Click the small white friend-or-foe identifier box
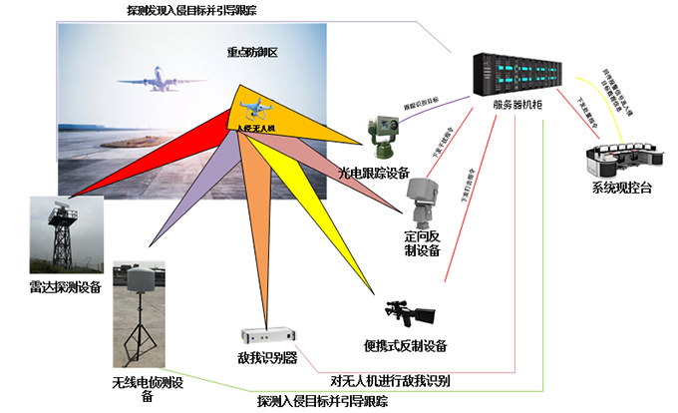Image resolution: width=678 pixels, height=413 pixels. [x=269, y=335]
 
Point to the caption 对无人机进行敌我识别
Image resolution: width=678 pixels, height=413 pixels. [x=390, y=380]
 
